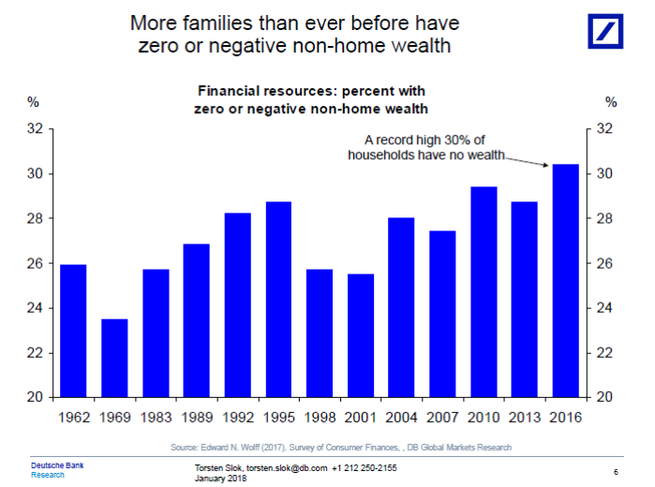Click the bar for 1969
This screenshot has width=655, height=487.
pyautogui.click(x=114, y=358)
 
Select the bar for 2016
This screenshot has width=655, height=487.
pyautogui.click(x=566, y=281)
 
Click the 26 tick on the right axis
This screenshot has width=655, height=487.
pyautogui.click(x=604, y=264)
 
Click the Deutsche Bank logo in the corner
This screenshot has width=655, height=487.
pyautogui.click(x=607, y=31)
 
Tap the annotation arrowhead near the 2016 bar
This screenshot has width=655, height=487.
pyautogui.click(x=547, y=165)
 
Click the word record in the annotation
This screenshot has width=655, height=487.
pyautogui.click(x=396, y=140)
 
